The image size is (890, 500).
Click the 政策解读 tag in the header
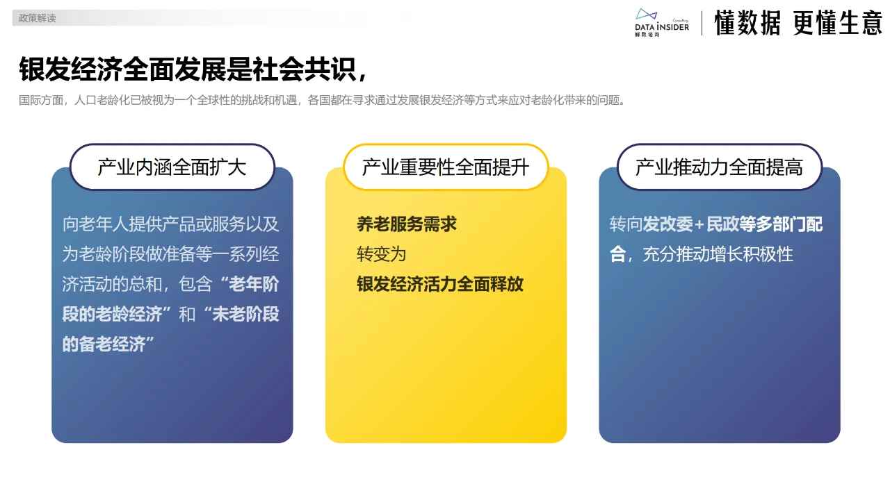[38, 19]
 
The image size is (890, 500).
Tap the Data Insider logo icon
[646, 15]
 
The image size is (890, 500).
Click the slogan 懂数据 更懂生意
[798, 23]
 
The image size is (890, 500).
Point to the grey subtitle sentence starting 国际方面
[323, 100]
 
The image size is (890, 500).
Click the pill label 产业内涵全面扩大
[172, 167]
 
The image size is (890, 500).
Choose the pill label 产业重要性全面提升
[446, 167]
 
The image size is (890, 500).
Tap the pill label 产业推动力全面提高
[719, 167]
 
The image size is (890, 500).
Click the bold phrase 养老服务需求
[407, 224]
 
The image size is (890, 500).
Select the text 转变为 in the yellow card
[382, 254]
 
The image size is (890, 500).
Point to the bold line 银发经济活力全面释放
[440, 284]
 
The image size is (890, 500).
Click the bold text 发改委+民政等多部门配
[733, 224]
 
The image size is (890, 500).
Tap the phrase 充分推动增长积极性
[718, 254]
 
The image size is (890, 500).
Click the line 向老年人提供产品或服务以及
[171, 224]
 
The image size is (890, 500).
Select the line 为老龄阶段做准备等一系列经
[171, 254]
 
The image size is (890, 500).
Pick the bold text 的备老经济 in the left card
[108, 344]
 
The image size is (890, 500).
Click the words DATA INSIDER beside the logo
[662, 26]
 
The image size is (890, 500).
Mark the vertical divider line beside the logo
[702, 23]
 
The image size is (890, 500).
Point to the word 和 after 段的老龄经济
[187, 314]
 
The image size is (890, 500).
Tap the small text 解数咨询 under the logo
[647, 34]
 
